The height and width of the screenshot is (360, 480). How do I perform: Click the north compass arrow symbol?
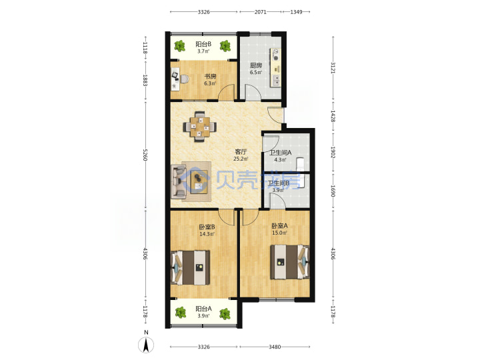click(x=146, y=345)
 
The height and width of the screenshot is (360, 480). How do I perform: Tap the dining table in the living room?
click(x=200, y=127)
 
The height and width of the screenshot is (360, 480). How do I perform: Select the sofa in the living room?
click(x=179, y=181)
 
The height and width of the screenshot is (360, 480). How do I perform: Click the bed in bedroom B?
click(x=191, y=267)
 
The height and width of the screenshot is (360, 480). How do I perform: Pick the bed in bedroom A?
click(x=289, y=262)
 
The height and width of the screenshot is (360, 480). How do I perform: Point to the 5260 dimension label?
click(x=145, y=155)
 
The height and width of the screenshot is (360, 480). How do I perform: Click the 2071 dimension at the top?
click(x=261, y=12)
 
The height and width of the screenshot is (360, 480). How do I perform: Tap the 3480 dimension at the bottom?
click(x=275, y=347)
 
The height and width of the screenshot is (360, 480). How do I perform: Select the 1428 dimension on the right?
click(x=333, y=116)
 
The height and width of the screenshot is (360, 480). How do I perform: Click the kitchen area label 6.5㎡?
click(x=255, y=73)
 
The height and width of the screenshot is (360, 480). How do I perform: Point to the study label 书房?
click(x=210, y=76)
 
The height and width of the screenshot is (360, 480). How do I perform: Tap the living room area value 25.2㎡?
click(x=241, y=159)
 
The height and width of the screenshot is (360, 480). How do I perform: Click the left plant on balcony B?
click(x=180, y=46)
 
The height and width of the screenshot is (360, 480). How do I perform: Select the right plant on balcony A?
click(x=225, y=314)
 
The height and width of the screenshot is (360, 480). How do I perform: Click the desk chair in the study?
click(x=184, y=79)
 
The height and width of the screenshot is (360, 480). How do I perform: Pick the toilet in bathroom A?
click(x=300, y=163)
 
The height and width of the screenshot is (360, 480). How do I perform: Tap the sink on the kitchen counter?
click(x=276, y=80)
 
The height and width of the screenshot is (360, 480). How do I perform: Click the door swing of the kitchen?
click(x=253, y=92)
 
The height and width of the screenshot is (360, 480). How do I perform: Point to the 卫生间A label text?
click(x=280, y=152)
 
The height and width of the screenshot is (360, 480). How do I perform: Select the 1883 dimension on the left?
click(x=145, y=80)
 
